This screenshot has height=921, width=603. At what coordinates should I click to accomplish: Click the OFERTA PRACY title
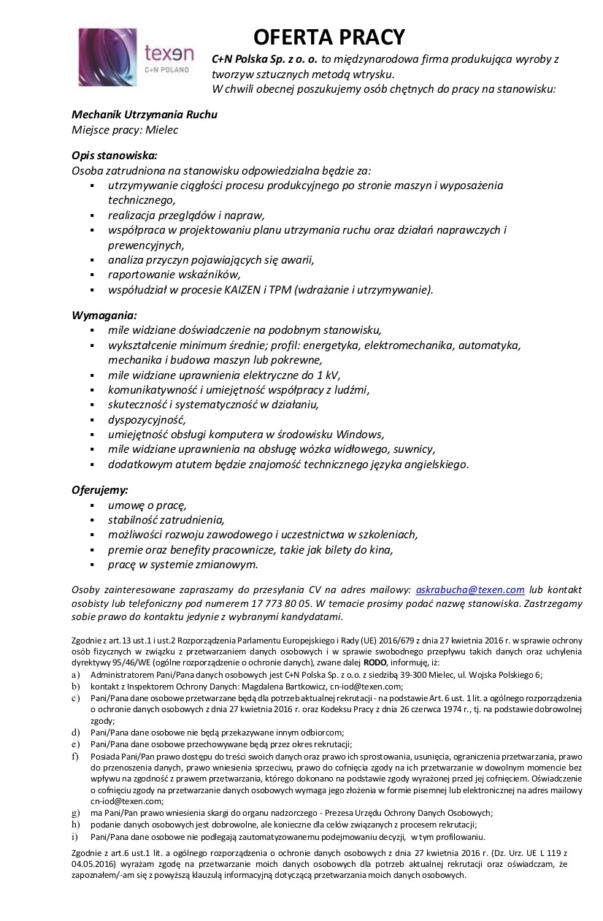(329, 37)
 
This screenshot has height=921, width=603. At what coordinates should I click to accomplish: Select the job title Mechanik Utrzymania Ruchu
(145, 115)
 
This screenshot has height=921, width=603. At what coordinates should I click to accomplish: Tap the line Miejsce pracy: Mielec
(125, 130)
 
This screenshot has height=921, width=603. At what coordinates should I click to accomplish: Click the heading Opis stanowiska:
(115, 156)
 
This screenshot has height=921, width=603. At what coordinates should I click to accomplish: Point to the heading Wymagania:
(104, 315)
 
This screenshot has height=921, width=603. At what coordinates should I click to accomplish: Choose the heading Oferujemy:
(100, 489)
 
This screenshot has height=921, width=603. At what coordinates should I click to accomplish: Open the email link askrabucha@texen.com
(470, 589)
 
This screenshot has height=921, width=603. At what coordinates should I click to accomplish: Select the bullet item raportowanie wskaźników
(174, 274)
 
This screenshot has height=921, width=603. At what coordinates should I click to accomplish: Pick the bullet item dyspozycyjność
(147, 419)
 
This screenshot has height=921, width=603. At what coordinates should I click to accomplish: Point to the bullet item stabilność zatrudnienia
(166, 520)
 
